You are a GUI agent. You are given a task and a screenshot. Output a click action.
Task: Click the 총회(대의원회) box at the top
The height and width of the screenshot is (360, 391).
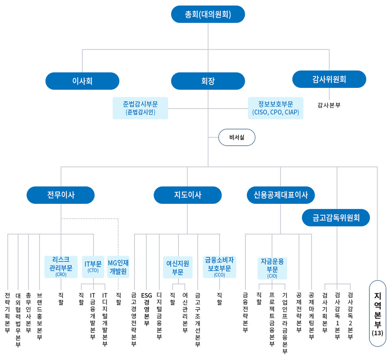coord(208,14)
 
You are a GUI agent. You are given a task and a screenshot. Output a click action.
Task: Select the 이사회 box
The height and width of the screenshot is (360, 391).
coord(82,81)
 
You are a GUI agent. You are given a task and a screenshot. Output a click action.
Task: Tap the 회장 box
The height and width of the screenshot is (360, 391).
coord(208,81)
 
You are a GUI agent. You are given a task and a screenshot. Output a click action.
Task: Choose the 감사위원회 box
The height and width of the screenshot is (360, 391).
coord(329,79)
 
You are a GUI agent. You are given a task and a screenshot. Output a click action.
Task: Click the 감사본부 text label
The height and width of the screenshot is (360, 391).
coord(329,105)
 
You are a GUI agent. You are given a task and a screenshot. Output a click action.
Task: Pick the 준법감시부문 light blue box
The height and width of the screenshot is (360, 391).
coord(141,108)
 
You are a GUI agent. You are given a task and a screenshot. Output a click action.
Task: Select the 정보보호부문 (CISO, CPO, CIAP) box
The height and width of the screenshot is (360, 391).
coord(276,108)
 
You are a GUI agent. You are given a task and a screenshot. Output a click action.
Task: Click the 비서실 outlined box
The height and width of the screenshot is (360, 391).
coord(237,137)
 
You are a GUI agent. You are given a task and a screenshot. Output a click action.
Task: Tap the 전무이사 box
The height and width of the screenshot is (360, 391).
coord(61,195)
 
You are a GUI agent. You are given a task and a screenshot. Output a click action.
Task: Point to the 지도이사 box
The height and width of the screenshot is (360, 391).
coord(187,195)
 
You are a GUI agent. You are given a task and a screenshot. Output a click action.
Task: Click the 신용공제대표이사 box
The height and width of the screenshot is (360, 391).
coord(281,195)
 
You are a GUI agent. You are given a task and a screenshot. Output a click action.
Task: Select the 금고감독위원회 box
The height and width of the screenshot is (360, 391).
coord(336,218)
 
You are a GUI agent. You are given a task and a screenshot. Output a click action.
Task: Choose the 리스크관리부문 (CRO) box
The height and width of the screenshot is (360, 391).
coord(61,267)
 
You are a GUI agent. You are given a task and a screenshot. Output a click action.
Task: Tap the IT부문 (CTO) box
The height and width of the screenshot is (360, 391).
coord(93,267)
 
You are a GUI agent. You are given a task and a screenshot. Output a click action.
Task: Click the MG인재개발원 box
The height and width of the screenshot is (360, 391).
coord(118,267)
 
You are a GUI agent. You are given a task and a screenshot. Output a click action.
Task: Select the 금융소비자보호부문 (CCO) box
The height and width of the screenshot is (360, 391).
coord(220,267)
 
